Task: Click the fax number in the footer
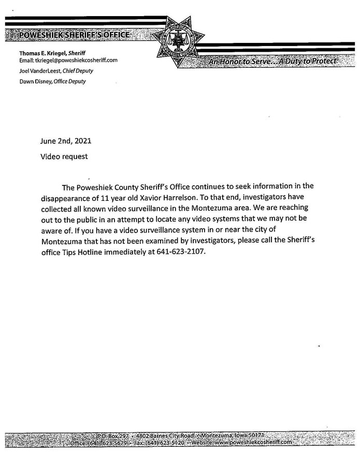click(x=163, y=444)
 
